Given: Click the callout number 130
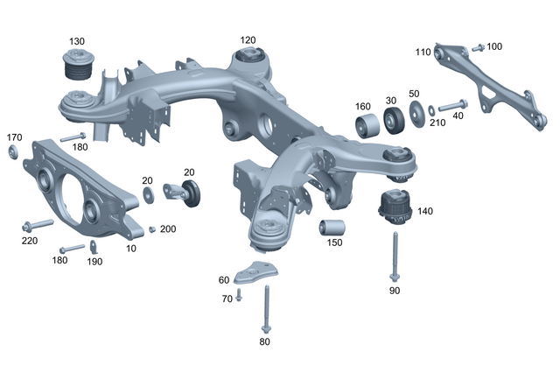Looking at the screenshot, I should click(x=77, y=42).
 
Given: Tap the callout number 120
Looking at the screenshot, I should click(x=248, y=40).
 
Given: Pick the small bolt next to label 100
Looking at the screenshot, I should click(x=477, y=47).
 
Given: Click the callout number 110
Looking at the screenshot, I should click(x=423, y=53).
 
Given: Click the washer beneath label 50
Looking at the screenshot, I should click(x=415, y=111).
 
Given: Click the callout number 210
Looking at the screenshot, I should click(x=437, y=123).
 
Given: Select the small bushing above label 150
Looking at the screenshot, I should click(x=332, y=228).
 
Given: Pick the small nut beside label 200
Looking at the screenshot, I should click(x=151, y=229).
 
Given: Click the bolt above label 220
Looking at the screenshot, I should click(x=39, y=222).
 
